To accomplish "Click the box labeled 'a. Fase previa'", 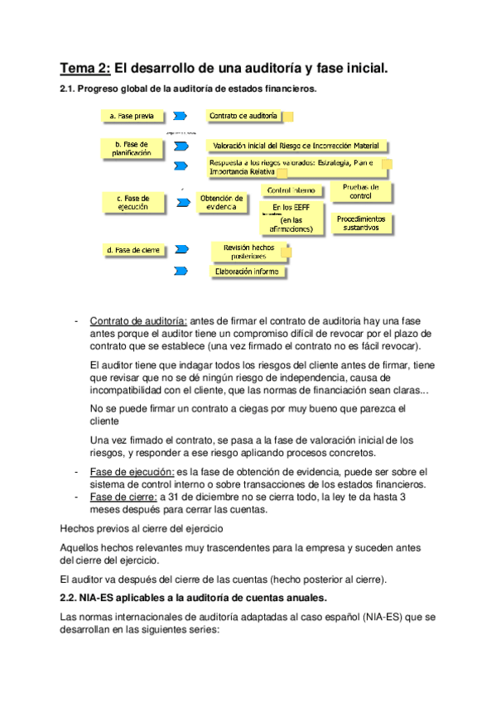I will [x=132, y=117].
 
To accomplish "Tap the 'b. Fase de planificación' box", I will [x=132, y=148].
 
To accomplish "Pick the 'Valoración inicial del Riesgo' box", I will [x=296, y=146].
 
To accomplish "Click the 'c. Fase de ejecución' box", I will [x=132, y=203].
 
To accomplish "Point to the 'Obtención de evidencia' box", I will [x=222, y=203].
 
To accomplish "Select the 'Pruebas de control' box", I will [x=360, y=192].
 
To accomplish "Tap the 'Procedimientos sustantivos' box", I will [x=362, y=223].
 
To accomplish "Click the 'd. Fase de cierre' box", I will [x=132, y=249].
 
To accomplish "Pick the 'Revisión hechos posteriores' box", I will [x=249, y=252].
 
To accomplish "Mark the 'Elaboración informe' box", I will [x=247, y=272].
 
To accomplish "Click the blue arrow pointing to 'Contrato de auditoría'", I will [x=181, y=117].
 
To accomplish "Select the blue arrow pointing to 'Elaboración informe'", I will [x=181, y=271].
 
